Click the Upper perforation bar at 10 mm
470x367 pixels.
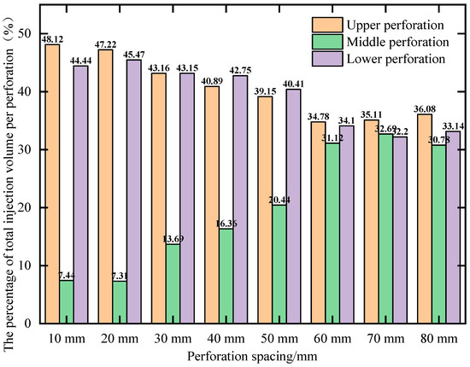point(53,183)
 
